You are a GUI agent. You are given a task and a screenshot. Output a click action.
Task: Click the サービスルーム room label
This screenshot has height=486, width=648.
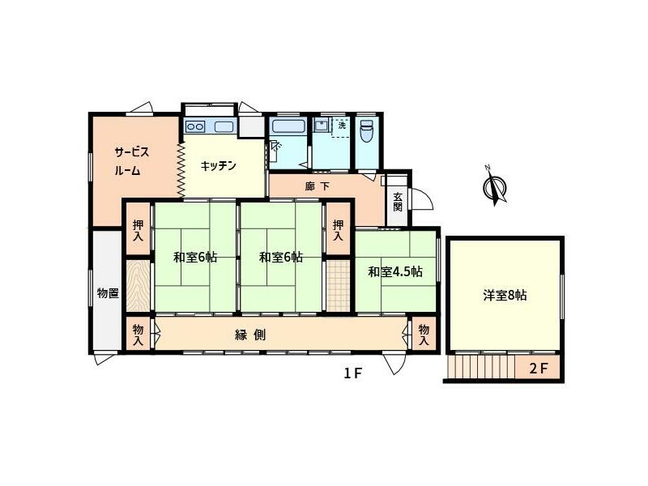click(x=130, y=161)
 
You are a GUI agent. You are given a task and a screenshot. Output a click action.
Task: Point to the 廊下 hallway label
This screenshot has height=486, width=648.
click(x=317, y=187)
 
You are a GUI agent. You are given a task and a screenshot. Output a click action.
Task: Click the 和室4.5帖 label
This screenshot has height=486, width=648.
click(x=395, y=272)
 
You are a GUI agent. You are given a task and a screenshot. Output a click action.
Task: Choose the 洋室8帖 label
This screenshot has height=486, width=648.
click(x=505, y=296)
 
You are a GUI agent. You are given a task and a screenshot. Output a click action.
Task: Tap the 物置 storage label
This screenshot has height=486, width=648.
click(x=108, y=293)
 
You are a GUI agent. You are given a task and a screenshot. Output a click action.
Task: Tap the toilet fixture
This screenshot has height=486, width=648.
click(x=366, y=130)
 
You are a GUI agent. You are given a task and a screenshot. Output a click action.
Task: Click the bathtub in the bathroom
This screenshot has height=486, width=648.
click(x=288, y=126)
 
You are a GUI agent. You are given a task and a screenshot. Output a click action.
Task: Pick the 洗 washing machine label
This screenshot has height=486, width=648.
click(x=342, y=126)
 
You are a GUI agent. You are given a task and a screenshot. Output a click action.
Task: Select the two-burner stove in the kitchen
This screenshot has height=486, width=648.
click(x=197, y=126)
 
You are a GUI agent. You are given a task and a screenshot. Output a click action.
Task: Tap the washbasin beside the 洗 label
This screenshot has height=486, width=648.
click(x=322, y=126)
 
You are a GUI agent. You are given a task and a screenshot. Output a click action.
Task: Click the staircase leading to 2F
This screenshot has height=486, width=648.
click(x=481, y=369)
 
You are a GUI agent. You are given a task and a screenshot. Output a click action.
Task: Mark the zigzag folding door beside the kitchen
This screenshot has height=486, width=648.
click(x=181, y=168)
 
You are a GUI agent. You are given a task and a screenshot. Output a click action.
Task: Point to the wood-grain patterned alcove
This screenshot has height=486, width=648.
click(x=138, y=283)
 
